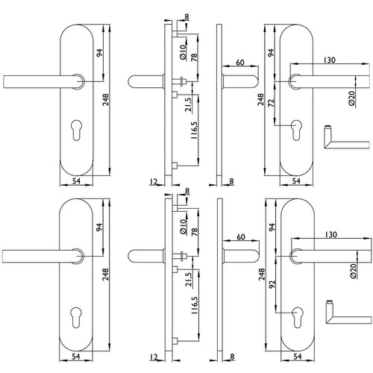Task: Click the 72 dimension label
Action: [272, 103]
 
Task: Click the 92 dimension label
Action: [273, 284]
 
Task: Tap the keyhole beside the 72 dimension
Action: [296, 130]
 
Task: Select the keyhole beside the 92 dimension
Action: [298, 317]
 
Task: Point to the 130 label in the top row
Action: [330, 60]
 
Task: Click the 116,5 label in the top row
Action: [194, 130]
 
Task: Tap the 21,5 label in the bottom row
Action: [189, 280]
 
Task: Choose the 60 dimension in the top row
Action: [240, 63]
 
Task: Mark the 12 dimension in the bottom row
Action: [154, 357]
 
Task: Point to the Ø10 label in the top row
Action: [183, 51]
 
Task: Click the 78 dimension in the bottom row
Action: [195, 231]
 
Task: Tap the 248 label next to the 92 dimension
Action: [262, 275]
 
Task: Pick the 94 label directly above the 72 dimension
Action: [271, 53]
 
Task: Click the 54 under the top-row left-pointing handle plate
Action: [76, 181]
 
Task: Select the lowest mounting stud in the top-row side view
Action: [175, 166]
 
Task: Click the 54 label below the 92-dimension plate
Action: [298, 357]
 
